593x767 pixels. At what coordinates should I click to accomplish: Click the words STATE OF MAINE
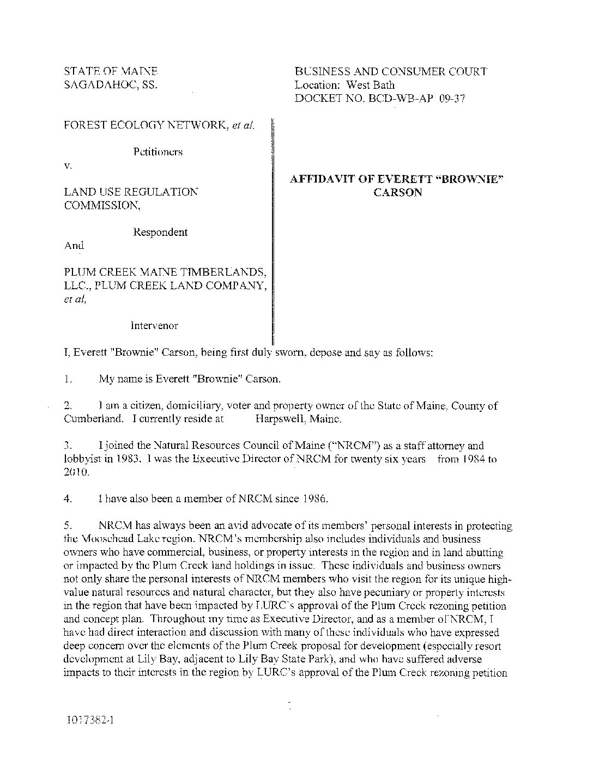(111, 71)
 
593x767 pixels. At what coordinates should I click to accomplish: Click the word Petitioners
(158, 152)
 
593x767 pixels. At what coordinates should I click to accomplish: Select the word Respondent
(160, 232)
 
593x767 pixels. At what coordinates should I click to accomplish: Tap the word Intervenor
(154, 326)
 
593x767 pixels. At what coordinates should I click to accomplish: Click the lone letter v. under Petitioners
(67, 165)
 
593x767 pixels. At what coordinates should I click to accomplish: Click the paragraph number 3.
(68, 446)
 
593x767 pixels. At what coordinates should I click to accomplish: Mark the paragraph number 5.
(68, 526)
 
